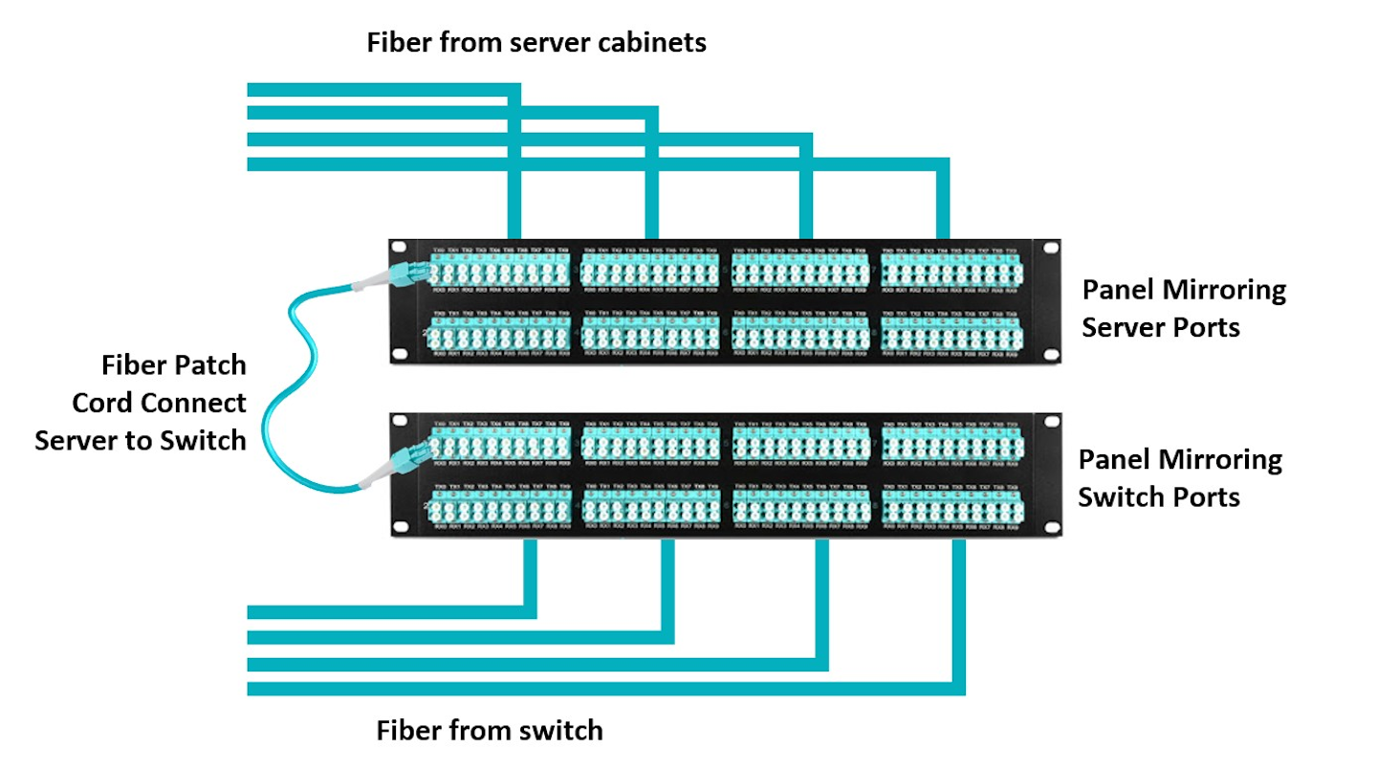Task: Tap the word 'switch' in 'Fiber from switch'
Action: click(558, 732)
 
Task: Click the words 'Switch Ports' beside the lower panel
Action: click(1159, 497)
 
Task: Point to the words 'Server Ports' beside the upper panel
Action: click(1161, 327)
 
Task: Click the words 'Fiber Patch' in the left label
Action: click(173, 365)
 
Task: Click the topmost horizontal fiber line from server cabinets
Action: click(382, 90)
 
